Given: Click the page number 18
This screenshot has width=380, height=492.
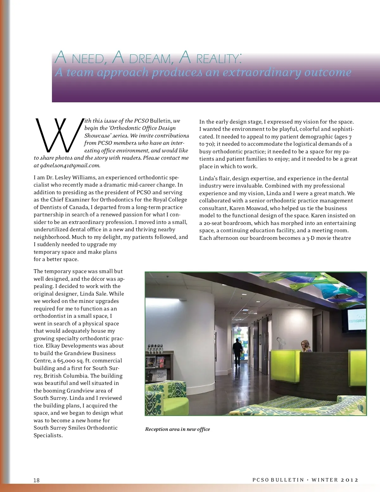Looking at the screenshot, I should tap(37, 480).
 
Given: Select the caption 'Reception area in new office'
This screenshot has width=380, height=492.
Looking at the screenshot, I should tap(177, 429).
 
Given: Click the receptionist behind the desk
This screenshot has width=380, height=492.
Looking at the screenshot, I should tap(306, 346).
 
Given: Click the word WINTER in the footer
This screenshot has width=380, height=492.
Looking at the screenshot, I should tap(325, 480).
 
